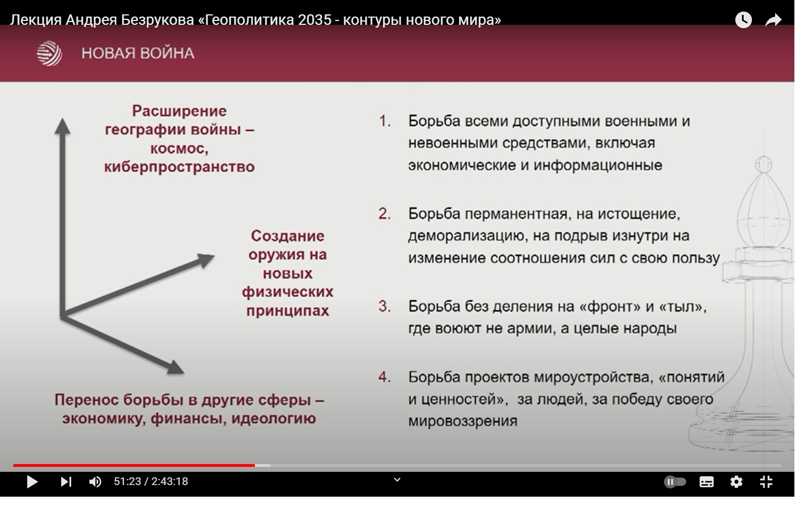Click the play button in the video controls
tap(32, 482)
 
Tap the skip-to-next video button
tap(66, 482)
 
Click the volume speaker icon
tap(95, 482)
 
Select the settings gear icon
tap(736, 482)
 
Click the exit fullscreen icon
tap(766, 482)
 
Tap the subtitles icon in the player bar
tap(707, 482)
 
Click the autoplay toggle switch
tap(675, 482)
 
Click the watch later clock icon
tap(744, 20)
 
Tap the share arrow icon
tap(773, 20)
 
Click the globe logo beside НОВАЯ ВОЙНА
tap(49, 54)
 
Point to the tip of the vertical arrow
tap(62, 118)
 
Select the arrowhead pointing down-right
tap(175, 368)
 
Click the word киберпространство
tap(179, 167)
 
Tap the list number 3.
tap(385, 306)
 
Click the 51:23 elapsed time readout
tap(127, 482)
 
